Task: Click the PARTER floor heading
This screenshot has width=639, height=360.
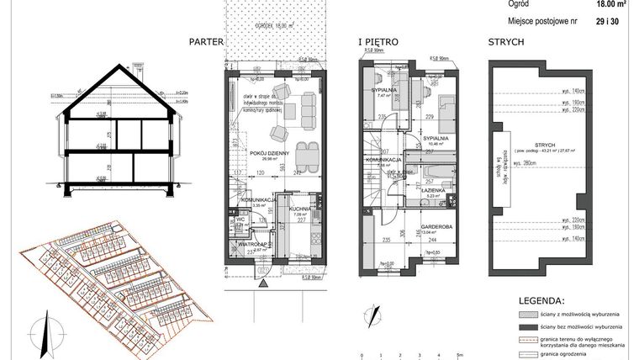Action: pyautogui.click(x=205, y=41)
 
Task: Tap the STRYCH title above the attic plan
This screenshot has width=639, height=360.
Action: pyautogui.click(x=506, y=41)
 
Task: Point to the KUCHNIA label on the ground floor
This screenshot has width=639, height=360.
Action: pyautogui.click(x=302, y=209)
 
